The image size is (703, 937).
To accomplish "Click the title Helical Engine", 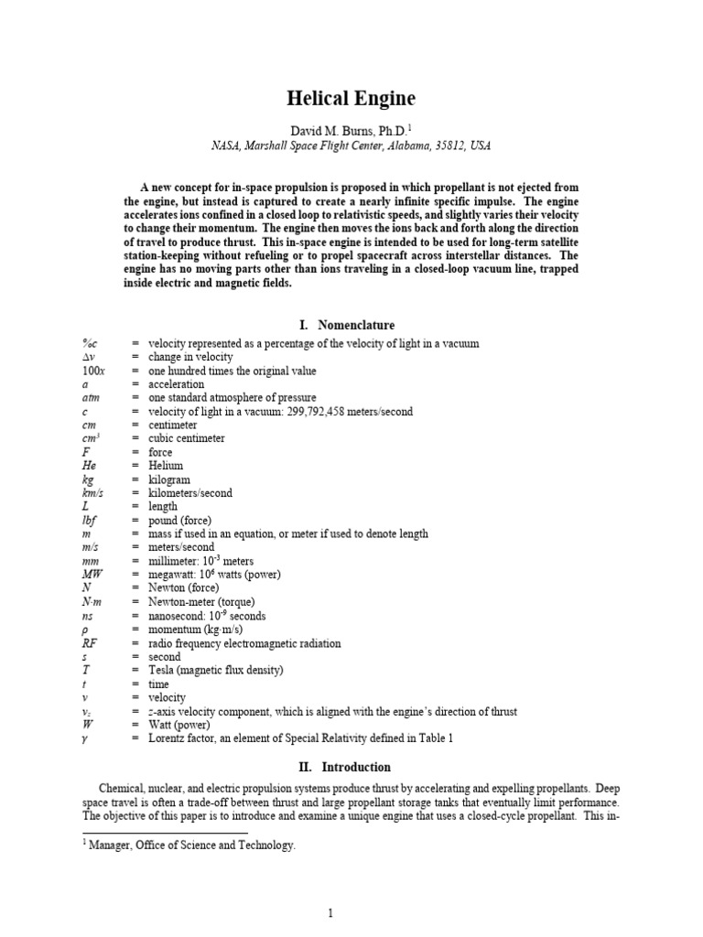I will [351, 100].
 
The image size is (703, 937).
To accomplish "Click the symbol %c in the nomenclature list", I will [89, 343].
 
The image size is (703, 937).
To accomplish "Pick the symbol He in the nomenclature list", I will [88, 466].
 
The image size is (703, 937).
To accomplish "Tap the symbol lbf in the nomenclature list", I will [89, 521].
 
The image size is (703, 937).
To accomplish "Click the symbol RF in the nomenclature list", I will [89, 643].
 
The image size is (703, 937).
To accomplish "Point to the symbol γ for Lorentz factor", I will [85, 738].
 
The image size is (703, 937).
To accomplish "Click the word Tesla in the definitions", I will [163, 671].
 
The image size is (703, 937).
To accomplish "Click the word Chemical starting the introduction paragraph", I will [125, 788].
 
